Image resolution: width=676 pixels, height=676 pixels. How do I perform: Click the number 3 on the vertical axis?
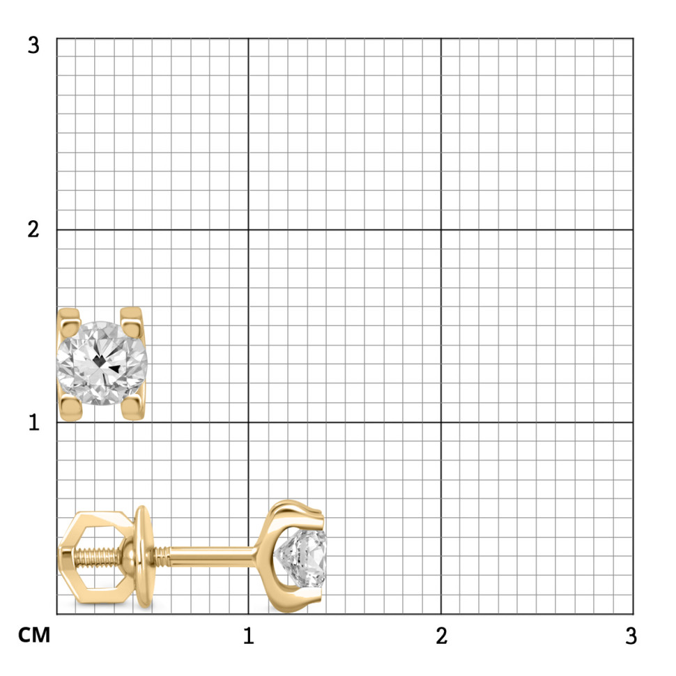[x=33, y=45]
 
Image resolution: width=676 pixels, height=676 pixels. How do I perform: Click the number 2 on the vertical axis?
[x=33, y=229]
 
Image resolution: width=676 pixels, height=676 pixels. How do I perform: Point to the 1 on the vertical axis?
[x=34, y=422]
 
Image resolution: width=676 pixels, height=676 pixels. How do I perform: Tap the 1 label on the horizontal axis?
[x=248, y=636]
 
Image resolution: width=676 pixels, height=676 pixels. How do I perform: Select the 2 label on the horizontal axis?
[x=441, y=636]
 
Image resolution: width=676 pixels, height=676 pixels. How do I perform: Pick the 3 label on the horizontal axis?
[x=631, y=636]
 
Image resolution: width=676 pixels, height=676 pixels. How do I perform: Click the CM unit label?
[x=34, y=636]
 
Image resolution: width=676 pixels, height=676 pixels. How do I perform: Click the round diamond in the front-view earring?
[x=102, y=363]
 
